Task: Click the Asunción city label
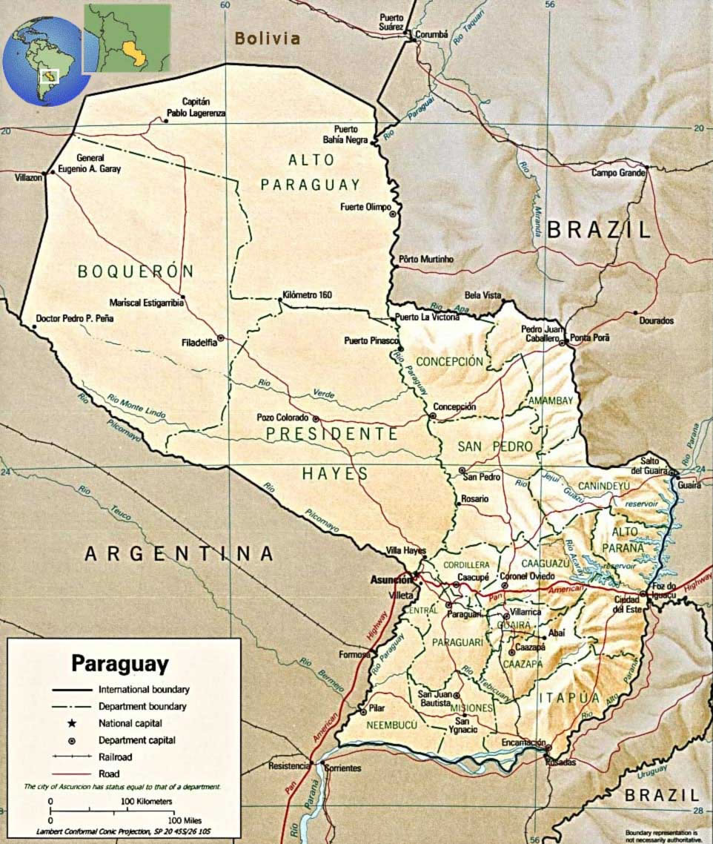(391, 580)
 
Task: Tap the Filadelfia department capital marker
(221, 337)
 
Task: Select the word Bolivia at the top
(268, 39)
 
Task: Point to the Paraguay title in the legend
(119, 662)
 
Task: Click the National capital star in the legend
(72, 722)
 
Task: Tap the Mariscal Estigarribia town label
(146, 303)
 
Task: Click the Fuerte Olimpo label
(365, 207)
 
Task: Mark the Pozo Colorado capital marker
(316, 418)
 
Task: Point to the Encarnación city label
(523, 742)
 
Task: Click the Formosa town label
(354, 655)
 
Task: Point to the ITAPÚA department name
(568, 698)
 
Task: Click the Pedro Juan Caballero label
(539, 333)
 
